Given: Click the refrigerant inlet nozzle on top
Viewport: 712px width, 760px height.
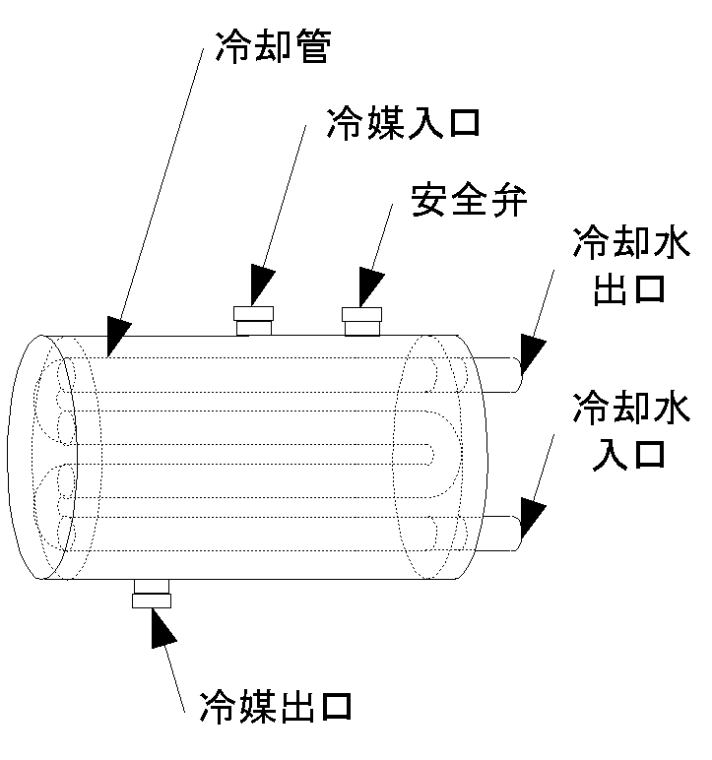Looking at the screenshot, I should tap(253, 320).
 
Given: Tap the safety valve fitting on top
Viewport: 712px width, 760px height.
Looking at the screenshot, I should tap(361, 320).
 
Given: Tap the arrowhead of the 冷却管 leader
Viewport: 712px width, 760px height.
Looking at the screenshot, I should tap(114, 338).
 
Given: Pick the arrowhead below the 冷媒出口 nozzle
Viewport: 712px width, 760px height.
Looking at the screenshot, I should tap(160, 628).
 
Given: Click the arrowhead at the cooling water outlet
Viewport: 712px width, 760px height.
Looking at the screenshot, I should tap(533, 353).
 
